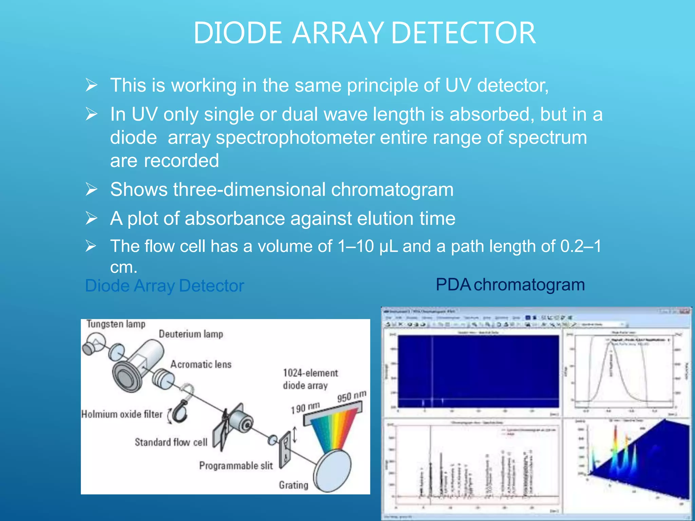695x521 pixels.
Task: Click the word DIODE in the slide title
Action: (x=238, y=33)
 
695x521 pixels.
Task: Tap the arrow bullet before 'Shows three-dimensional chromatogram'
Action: (x=91, y=189)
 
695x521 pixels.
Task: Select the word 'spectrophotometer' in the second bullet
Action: (x=295, y=138)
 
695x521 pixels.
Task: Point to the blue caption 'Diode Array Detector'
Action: (x=164, y=286)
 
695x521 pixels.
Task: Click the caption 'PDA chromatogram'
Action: (x=510, y=285)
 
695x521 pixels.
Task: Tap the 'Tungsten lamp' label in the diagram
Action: (x=116, y=324)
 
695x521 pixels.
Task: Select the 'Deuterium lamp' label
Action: (x=191, y=334)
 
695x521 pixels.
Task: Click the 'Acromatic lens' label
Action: (x=201, y=364)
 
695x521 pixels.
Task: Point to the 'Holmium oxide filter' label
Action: (x=122, y=414)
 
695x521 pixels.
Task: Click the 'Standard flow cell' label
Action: (x=171, y=442)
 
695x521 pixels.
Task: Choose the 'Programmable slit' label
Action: (x=236, y=466)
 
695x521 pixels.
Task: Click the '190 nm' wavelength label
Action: (x=305, y=408)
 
